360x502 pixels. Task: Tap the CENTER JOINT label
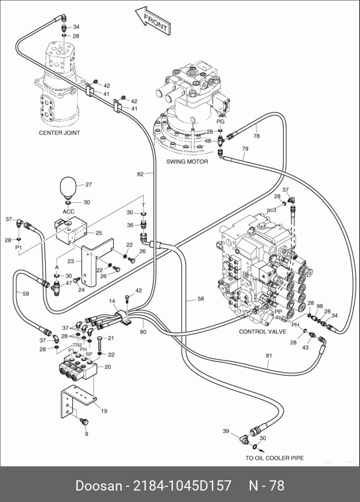(60, 132)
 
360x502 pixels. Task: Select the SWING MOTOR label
(187, 162)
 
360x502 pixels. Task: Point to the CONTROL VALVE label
(262, 332)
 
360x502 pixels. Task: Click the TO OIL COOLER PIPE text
(275, 458)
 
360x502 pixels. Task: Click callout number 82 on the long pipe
(140, 174)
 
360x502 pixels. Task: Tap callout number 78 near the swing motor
(256, 136)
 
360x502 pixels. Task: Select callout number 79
(245, 149)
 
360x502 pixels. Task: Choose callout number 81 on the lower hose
(268, 355)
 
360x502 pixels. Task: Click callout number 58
(200, 299)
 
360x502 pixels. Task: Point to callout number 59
(26, 294)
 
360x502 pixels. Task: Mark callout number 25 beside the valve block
(99, 233)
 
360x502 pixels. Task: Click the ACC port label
(68, 212)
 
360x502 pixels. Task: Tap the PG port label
(221, 122)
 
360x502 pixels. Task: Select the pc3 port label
(272, 210)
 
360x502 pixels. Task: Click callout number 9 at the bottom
(86, 434)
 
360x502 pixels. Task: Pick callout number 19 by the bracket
(104, 411)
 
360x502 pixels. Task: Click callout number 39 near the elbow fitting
(226, 431)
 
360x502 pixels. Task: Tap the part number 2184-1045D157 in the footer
(182, 486)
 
